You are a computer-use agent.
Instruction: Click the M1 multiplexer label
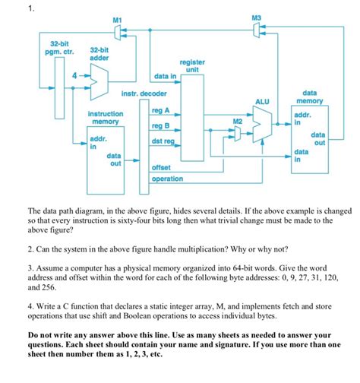pos(116,18)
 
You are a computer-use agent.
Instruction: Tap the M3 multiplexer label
pos(256,17)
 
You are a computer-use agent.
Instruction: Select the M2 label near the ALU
pos(238,121)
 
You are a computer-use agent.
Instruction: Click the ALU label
pos(263,100)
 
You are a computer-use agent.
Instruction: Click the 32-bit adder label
pos(99,52)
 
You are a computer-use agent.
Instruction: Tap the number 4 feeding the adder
pos(74,75)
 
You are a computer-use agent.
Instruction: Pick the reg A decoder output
pos(162,110)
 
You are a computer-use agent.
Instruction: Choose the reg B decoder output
pos(162,126)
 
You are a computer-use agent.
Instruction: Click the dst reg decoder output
pos(163,141)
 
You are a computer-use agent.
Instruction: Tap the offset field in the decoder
pos(162,167)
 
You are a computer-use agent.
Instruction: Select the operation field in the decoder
pos(167,179)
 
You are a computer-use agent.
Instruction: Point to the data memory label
pos(310,96)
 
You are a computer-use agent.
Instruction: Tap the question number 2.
pos(30,248)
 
